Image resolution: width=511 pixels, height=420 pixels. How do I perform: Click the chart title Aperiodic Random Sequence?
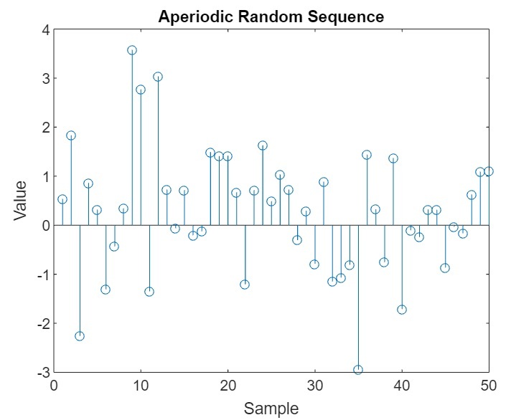tap(271, 16)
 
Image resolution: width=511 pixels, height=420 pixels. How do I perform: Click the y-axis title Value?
tap(21, 200)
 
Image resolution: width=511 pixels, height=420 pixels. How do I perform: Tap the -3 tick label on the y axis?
tap(42, 373)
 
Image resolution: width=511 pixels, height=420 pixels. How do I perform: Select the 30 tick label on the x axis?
tap(314, 386)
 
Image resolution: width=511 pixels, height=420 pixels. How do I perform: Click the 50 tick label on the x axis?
tap(489, 386)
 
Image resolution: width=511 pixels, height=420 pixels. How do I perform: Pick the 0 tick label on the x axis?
tap(54, 386)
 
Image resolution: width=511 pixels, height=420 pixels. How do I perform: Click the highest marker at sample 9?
tap(132, 50)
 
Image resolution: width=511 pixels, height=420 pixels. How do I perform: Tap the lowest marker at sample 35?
tap(358, 370)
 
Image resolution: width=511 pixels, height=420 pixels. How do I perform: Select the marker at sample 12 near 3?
tap(158, 77)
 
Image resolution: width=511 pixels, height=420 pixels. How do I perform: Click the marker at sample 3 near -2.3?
tap(80, 336)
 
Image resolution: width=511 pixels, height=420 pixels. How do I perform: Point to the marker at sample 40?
tap(402, 310)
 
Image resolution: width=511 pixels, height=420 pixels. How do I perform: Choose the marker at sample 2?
tap(71, 135)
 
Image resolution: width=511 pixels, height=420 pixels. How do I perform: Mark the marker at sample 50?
tap(489, 171)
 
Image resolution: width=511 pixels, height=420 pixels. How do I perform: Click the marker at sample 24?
tap(263, 145)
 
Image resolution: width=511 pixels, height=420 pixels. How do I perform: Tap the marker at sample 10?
tap(141, 90)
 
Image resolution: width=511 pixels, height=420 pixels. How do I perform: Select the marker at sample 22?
tap(245, 285)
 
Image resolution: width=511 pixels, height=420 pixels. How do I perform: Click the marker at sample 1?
tap(62, 199)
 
